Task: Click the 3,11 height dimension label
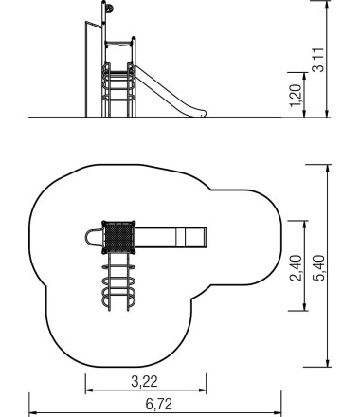318,60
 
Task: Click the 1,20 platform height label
296,96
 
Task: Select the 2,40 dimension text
296,267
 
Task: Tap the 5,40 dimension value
318,267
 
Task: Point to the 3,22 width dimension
144,381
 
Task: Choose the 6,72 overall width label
159,404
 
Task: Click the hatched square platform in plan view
118,237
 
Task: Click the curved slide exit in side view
198,113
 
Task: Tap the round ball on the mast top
109,9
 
